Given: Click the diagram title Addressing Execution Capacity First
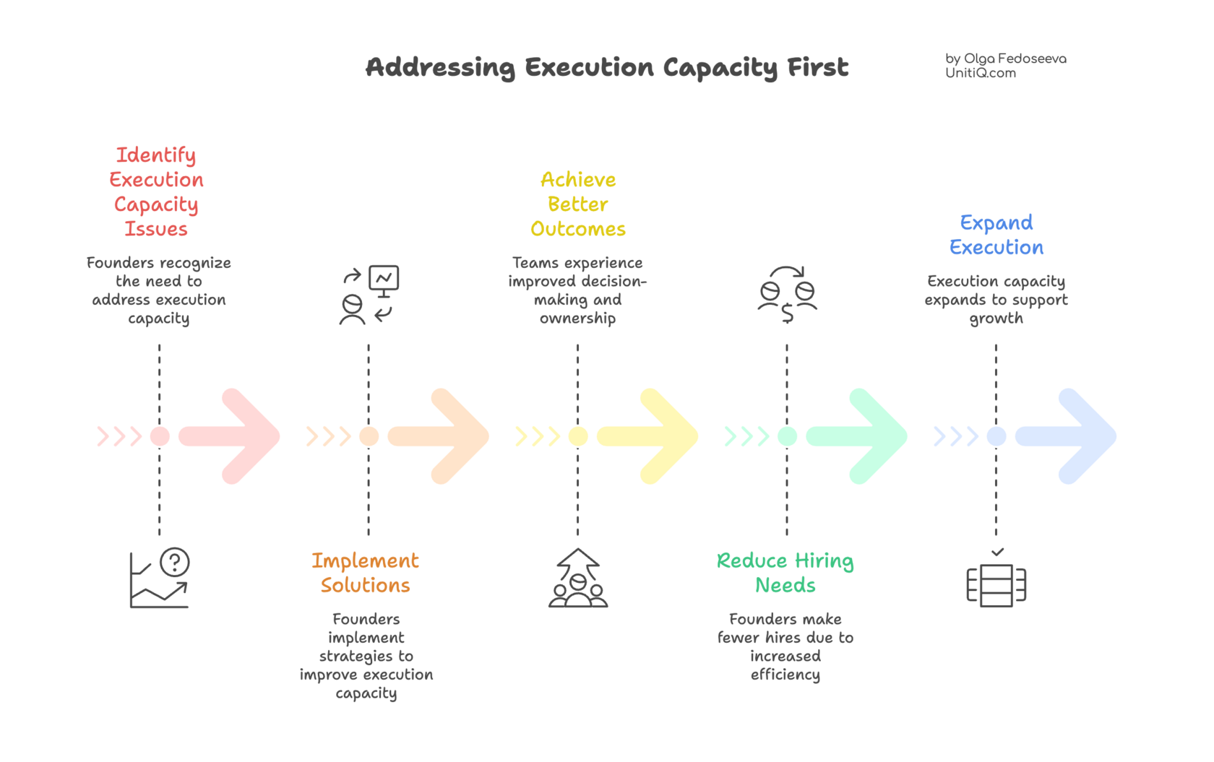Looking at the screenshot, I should (x=607, y=67).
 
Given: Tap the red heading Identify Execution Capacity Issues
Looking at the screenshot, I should (x=156, y=191).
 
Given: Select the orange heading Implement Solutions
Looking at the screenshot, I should (x=365, y=573).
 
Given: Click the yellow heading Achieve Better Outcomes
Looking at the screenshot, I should (x=578, y=204).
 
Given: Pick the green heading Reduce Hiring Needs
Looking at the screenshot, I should (x=785, y=573).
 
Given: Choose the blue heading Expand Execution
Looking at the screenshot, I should (x=996, y=235).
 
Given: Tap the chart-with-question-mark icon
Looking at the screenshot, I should (x=160, y=579).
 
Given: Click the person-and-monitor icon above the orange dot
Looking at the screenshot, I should (x=369, y=295).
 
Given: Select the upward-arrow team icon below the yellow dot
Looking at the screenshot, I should (x=578, y=579).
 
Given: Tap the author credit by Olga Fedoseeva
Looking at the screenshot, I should (x=1005, y=65).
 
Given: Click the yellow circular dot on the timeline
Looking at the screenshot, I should (x=578, y=436).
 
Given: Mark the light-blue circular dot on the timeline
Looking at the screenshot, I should (x=996, y=436).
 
